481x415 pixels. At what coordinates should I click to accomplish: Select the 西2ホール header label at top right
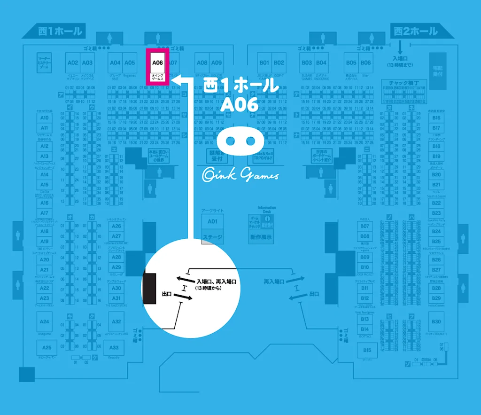(x=415, y=31)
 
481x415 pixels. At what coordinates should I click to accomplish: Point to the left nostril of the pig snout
(x=232, y=141)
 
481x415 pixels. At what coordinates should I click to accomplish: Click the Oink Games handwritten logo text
(x=240, y=175)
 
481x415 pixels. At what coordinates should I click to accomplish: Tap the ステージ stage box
(x=213, y=238)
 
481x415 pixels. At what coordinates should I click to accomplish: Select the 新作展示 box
(x=261, y=237)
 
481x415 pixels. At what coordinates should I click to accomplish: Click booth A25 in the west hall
(x=47, y=348)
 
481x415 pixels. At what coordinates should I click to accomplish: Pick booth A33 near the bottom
(x=114, y=348)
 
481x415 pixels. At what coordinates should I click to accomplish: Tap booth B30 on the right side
(x=436, y=321)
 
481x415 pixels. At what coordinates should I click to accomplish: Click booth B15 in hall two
(x=367, y=350)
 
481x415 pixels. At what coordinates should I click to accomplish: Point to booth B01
(x=264, y=63)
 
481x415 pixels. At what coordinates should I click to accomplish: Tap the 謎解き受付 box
(x=216, y=156)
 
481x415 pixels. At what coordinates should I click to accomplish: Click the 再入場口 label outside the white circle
(x=274, y=281)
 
